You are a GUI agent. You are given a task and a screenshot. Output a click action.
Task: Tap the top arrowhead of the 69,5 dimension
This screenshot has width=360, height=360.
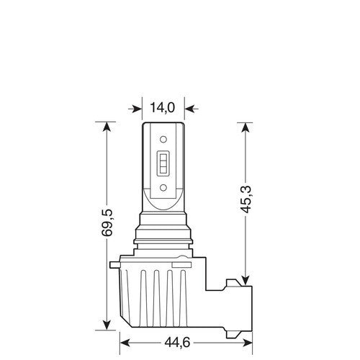tap(107, 129)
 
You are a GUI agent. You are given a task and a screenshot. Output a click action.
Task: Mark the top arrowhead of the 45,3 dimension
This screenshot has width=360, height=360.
tap(246, 129)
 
